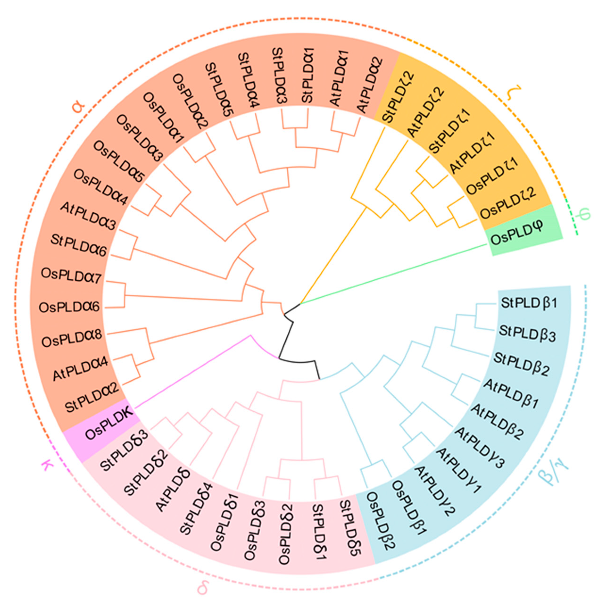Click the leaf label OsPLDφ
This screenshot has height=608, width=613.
(517, 234)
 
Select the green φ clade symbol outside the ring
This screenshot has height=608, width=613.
(584, 213)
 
